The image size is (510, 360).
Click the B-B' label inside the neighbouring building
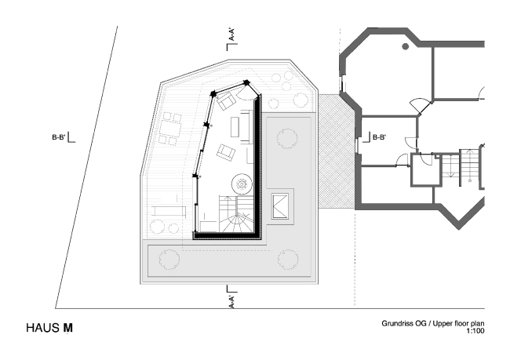click(378, 137)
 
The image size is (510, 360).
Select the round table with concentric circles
click(241, 184)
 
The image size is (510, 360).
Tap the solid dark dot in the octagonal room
click(406, 47)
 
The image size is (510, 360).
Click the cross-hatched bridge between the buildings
click(335, 149)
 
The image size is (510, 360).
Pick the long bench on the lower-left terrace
click(166, 211)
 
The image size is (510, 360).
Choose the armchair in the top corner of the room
click(228, 100)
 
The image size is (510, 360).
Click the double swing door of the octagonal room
click(421, 104)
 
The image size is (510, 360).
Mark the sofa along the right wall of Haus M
click(246, 125)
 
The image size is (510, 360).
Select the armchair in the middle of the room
click(226, 152)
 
